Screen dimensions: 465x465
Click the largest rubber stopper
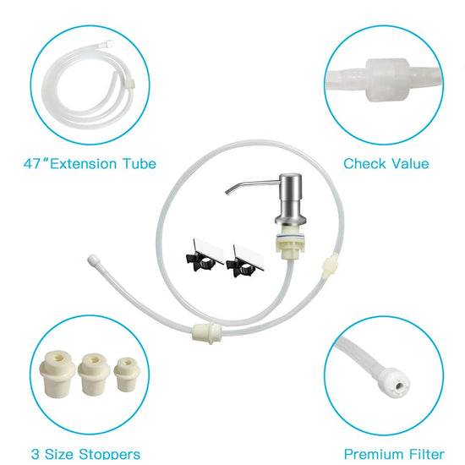tap(57, 374)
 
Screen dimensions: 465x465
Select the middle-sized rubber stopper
tap(94, 375)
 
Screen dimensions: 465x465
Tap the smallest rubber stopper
tap(127, 375)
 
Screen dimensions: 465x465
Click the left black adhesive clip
tap(204, 256)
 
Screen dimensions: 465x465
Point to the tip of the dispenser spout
tap(227, 193)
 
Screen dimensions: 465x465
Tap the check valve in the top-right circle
tap(387, 79)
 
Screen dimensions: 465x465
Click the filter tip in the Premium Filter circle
tap(397, 383)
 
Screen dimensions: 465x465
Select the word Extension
tap(83, 164)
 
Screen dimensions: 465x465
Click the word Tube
tap(139, 164)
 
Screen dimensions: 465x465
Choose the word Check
tap(364, 164)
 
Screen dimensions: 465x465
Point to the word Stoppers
tap(109, 454)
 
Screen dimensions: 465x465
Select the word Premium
tap(374, 454)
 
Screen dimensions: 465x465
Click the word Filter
tap(427, 454)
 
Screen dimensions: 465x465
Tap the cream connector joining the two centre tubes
tap(206, 332)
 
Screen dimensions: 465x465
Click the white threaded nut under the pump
tap(290, 242)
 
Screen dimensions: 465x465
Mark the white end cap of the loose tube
tap(92, 259)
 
